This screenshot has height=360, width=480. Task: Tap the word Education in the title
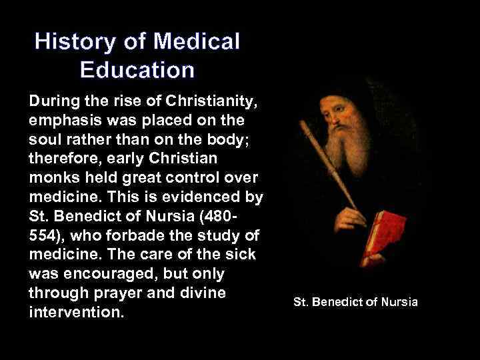tap(137, 70)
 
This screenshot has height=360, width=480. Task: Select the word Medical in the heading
tap(196, 42)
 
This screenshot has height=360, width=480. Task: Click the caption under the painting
tap(355, 302)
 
